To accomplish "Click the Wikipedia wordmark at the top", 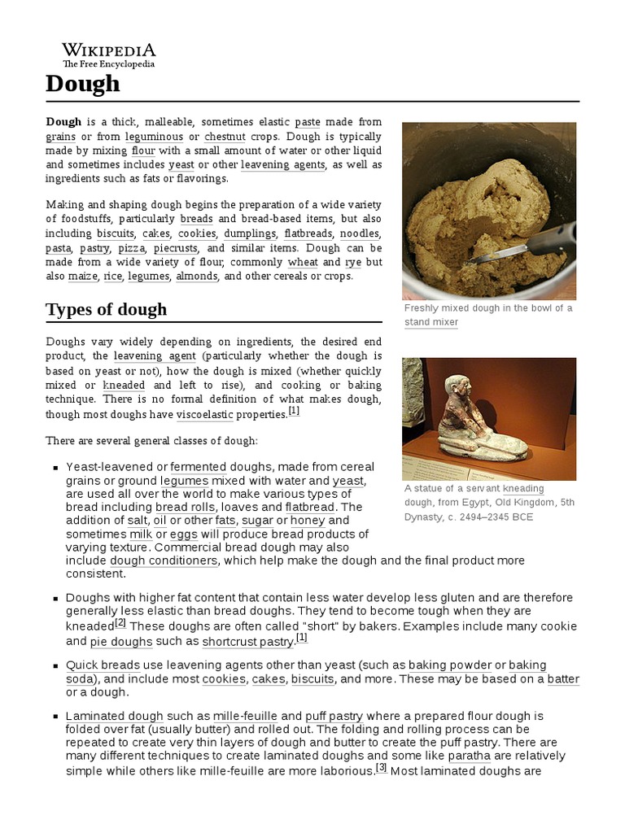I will (109, 50).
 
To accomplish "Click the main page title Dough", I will (83, 83).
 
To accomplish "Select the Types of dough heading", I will (107, 309).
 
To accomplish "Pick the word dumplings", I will (251, 233).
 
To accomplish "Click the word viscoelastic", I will (204, 414).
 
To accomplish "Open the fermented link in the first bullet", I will (199, 467).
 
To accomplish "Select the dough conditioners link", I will (164, 560).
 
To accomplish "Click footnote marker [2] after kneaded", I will (120, 623).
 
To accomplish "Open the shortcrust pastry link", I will (247, 642).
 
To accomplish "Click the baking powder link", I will (450, 665).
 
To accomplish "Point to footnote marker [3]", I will (381, 766).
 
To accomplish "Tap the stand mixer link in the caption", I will (431, 322).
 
